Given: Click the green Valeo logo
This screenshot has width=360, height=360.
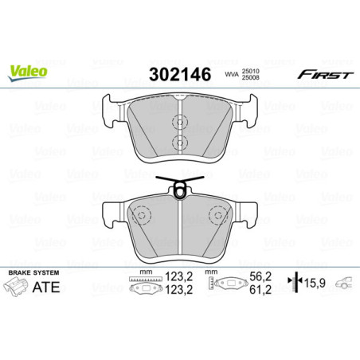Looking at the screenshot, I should (x=28, y=69).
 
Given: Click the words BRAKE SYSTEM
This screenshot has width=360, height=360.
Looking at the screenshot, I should (x=29, y=273).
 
